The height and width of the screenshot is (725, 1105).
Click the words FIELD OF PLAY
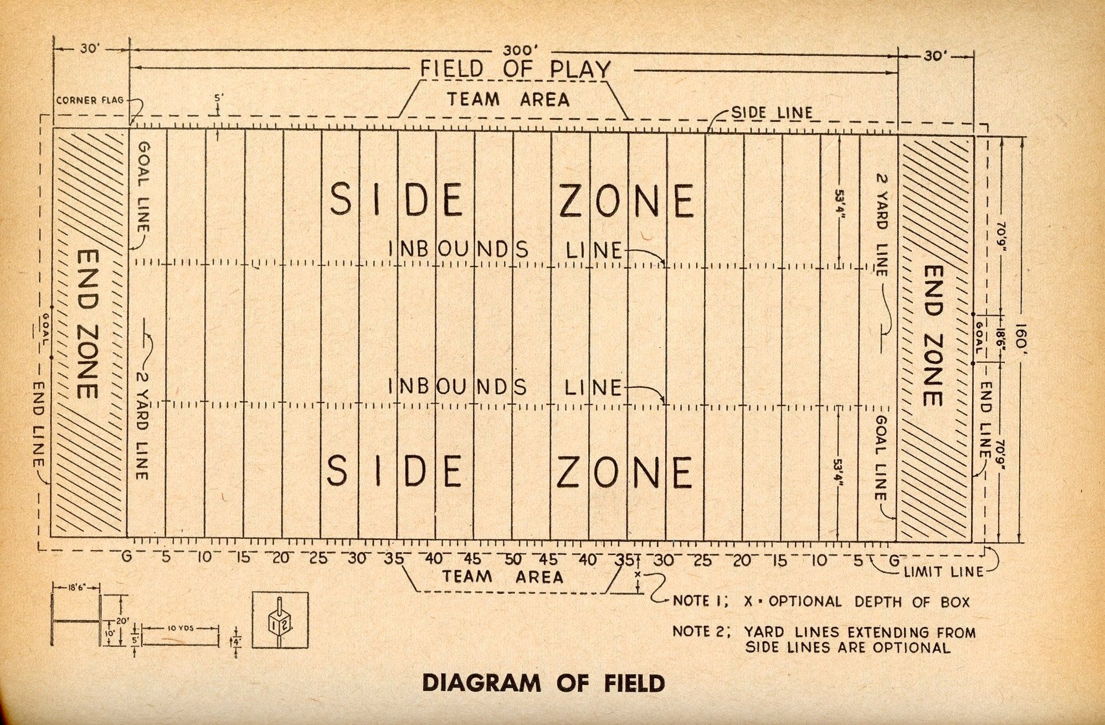(515, 69)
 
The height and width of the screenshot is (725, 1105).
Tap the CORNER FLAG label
(90, 101)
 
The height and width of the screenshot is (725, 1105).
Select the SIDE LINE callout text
(772, 113)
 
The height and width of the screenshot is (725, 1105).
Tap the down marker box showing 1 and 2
(280, 620)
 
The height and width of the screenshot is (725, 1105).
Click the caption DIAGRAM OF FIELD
(543, 683)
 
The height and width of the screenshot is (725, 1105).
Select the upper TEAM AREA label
(508, 100)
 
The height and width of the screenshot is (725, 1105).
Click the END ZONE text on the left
(87, 324)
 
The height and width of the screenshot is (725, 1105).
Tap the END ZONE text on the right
(934, 336)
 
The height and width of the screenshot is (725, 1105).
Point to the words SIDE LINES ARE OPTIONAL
(847, 647)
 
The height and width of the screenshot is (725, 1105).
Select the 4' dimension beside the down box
(237, 642)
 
